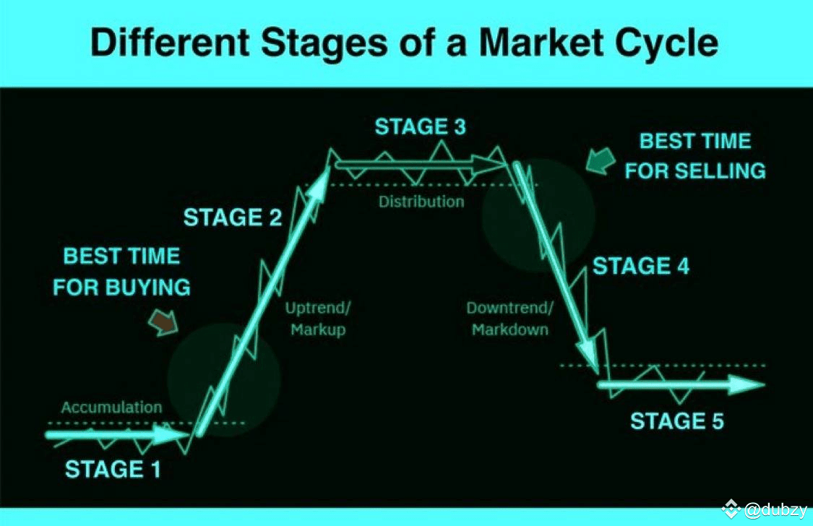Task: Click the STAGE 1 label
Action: click(113, 470)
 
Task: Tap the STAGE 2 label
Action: click(232, 217)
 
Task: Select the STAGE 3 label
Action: click(421, 127)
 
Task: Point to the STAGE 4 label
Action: click(641, 266)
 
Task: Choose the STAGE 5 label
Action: click(676, 421)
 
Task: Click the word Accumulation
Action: click(111, 408)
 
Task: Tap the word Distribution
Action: click(421, 202)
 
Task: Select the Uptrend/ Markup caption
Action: click(318, 319)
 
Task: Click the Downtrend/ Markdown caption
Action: click(509, 319)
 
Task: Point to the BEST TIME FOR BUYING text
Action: click(122, 272)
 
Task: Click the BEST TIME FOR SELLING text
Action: click(694, 156)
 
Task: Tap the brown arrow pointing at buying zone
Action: click(164, 322)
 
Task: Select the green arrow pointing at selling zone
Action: click(601, 160)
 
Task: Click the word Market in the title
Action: click(541, 43)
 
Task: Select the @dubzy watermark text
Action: click(775, 510)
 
